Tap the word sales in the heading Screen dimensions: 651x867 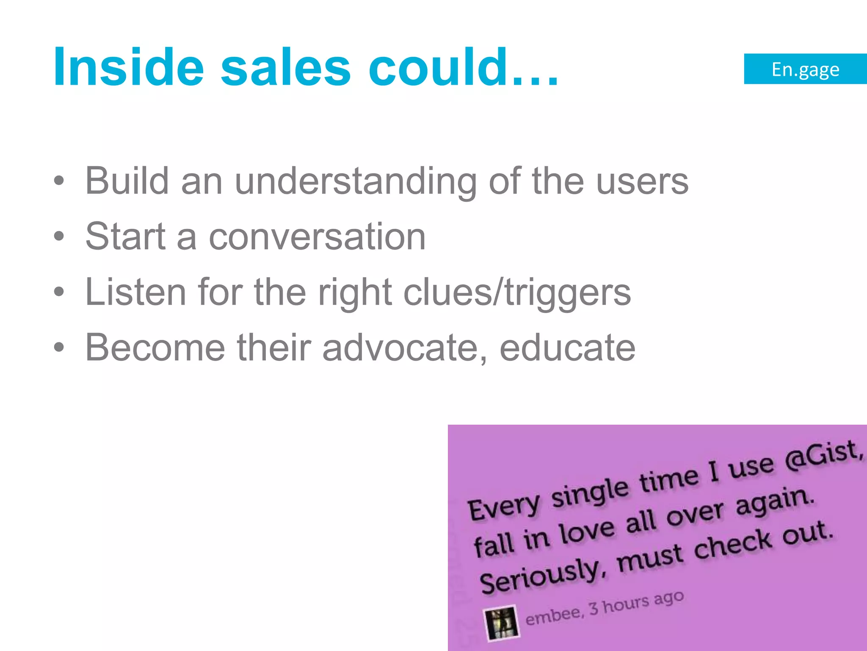tap(286, 68)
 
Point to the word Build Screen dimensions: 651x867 tap(127, 181)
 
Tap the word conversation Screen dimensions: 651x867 tap(317, 237)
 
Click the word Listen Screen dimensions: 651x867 tap(135, 292)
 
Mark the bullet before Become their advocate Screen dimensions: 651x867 tap(59, 348)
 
